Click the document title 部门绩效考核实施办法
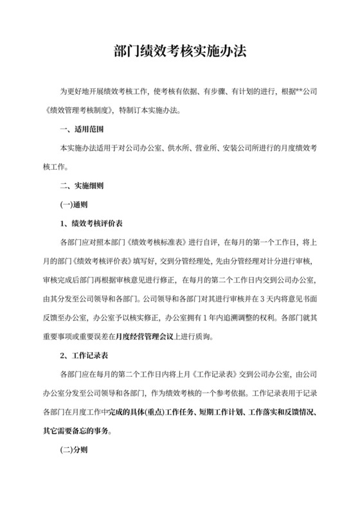179,51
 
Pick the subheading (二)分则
73,451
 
